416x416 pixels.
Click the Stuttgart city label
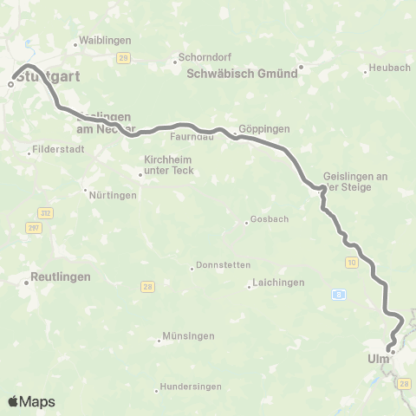(47, 76)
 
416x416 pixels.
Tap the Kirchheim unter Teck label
(170, 166)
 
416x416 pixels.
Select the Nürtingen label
(114, 195)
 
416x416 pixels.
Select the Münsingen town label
(183, 340)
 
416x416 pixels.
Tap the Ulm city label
(378, 359)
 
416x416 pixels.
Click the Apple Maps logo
(31, 401)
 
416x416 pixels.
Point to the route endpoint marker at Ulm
(392, 351)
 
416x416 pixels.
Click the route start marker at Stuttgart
(11, 84)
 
